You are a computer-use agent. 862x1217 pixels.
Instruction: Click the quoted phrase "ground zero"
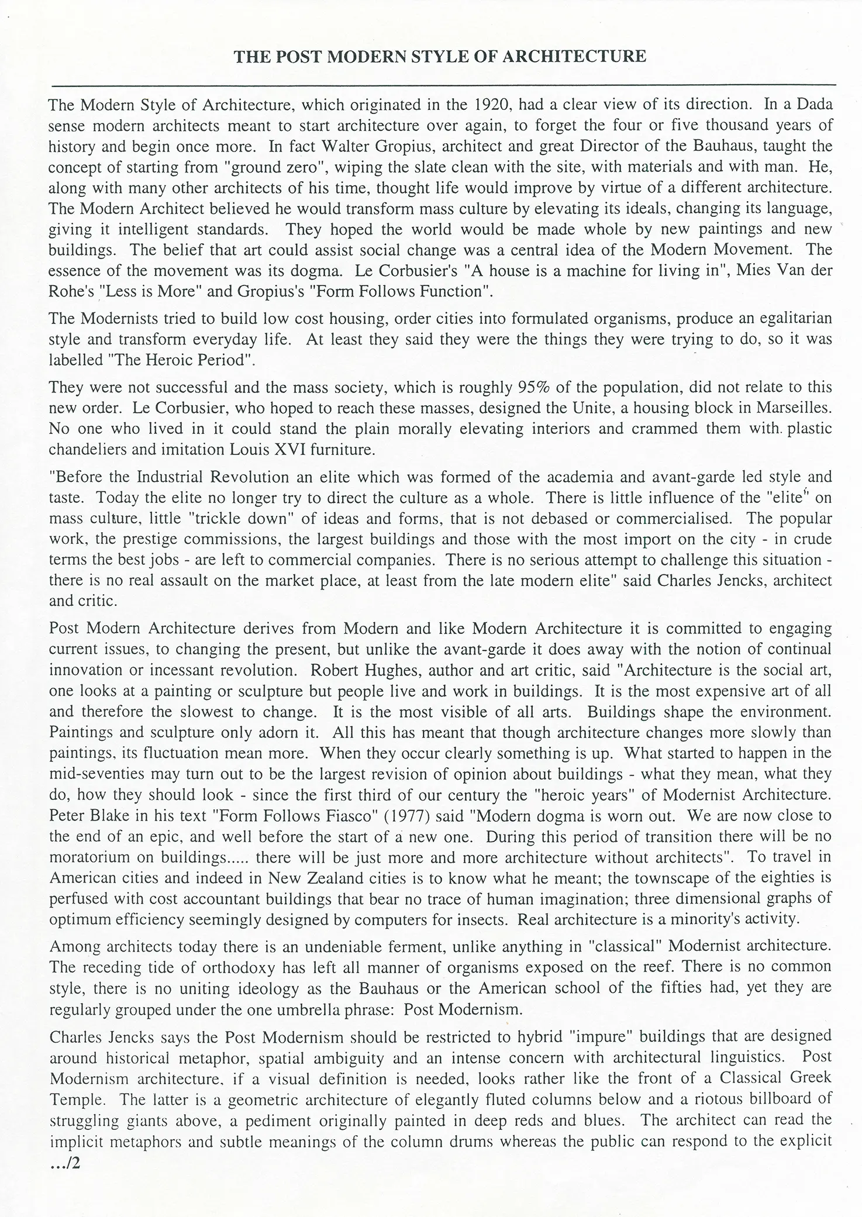click(x=275, y=167)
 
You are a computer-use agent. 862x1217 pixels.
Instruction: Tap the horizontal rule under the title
click(x=443, y=85)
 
